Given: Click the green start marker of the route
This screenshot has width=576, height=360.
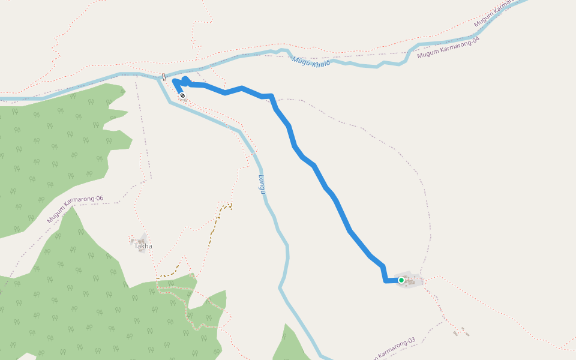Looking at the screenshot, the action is coord(401,280).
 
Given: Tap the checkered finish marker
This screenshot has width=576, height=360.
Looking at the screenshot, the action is coord(182,95).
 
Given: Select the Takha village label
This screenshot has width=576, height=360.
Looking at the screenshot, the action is coord(143,246).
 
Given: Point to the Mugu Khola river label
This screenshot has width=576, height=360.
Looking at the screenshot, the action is coord(311,62).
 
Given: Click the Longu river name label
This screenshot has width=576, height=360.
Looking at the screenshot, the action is coord(262,184).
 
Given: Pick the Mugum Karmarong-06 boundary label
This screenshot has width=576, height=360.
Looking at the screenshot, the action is coord(75,209).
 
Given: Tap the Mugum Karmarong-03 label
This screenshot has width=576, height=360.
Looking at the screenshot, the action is coord(393,348).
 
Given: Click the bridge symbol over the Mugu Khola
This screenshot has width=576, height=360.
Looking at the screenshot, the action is coord(164,76).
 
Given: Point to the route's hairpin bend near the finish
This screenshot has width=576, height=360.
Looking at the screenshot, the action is coord(175,81).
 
